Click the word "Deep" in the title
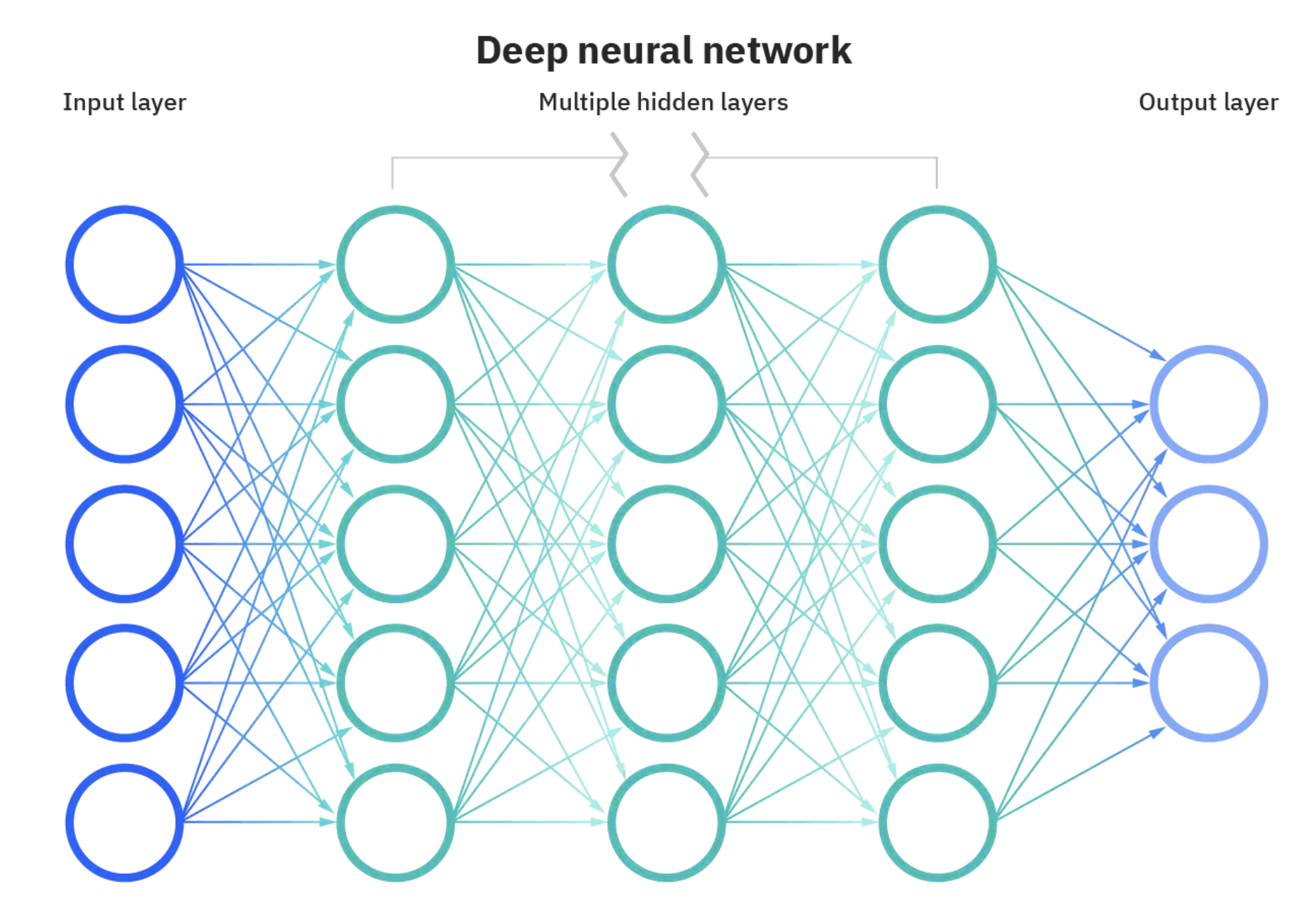(521, 52)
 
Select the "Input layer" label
(124, 102)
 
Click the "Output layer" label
(1208, 102)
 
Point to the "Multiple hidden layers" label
(663, 102)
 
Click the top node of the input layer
(125, 265)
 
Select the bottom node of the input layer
(125, 823)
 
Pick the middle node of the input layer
(125, 544)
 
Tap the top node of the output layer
(1208, 404)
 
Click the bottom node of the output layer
(1208, 683)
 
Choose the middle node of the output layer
(1208, 544)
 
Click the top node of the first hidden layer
(396, 265)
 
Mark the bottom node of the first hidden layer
(396, 823)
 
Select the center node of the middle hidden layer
(667, 544)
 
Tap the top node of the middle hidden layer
(667, 265)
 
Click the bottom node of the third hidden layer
(937, 823)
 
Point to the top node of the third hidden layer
(937, 265)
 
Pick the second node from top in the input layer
(125, 404)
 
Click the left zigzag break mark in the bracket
(619, 164)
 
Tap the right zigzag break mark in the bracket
(700, 164)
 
